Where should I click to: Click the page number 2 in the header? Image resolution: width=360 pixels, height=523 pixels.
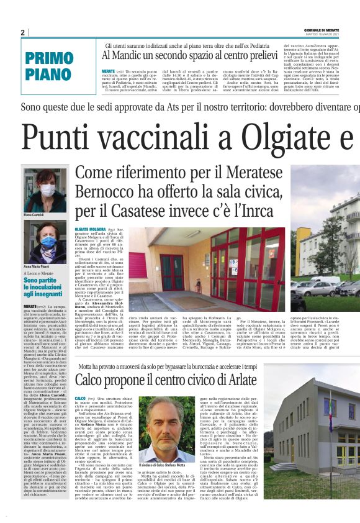click(x=22, y=32)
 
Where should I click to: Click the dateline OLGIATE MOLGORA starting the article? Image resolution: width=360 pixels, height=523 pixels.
click(x=89, y=230)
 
